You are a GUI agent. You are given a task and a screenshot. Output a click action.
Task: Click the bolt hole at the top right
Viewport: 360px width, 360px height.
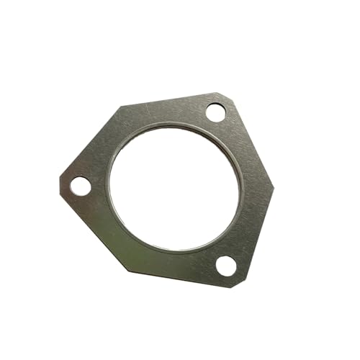point(215,112)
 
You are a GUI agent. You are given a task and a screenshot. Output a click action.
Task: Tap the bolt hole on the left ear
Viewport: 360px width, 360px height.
point(81,185)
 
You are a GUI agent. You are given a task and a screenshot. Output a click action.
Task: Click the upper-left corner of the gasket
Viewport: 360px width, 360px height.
point(120,108)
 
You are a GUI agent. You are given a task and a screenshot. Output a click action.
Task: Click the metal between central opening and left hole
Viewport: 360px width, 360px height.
point(101,184)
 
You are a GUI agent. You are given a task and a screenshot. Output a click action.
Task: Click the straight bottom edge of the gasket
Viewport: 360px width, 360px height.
point(180,278)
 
